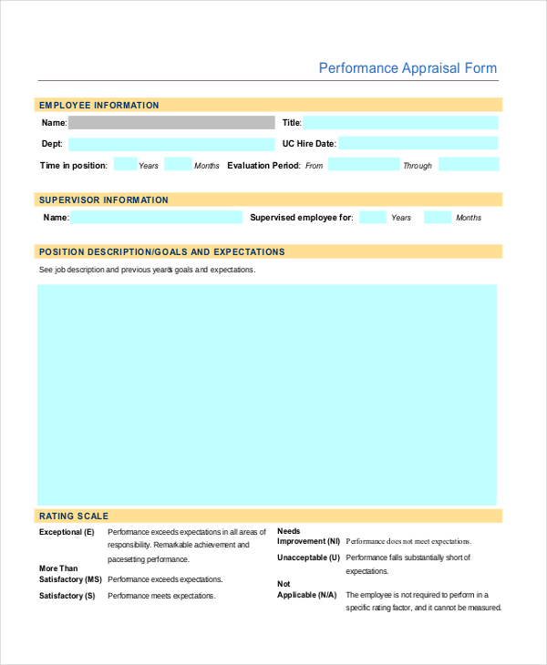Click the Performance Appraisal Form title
pos(408,68)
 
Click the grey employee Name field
pos(171,122)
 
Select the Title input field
pos(401,122)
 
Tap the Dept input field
pos(171,144)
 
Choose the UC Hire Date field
pos(419,143)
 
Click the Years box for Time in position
pos(126,165)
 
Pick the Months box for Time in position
pos(179,165)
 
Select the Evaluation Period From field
pos(364,165)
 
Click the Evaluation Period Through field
pos(469,165)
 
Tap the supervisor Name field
pos(157,218)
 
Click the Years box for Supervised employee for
pos(372,218)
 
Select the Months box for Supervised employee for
pos(439,218)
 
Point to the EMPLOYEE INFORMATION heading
pos(98,106)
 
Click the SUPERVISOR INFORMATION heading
pos(103,199)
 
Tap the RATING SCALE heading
pos(72,517)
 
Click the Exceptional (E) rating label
pos(67,532)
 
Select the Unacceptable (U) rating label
pos(308,558)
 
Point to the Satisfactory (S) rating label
pos(67,596)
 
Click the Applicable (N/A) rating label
pos(307,595)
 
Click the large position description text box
pos(267,394)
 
